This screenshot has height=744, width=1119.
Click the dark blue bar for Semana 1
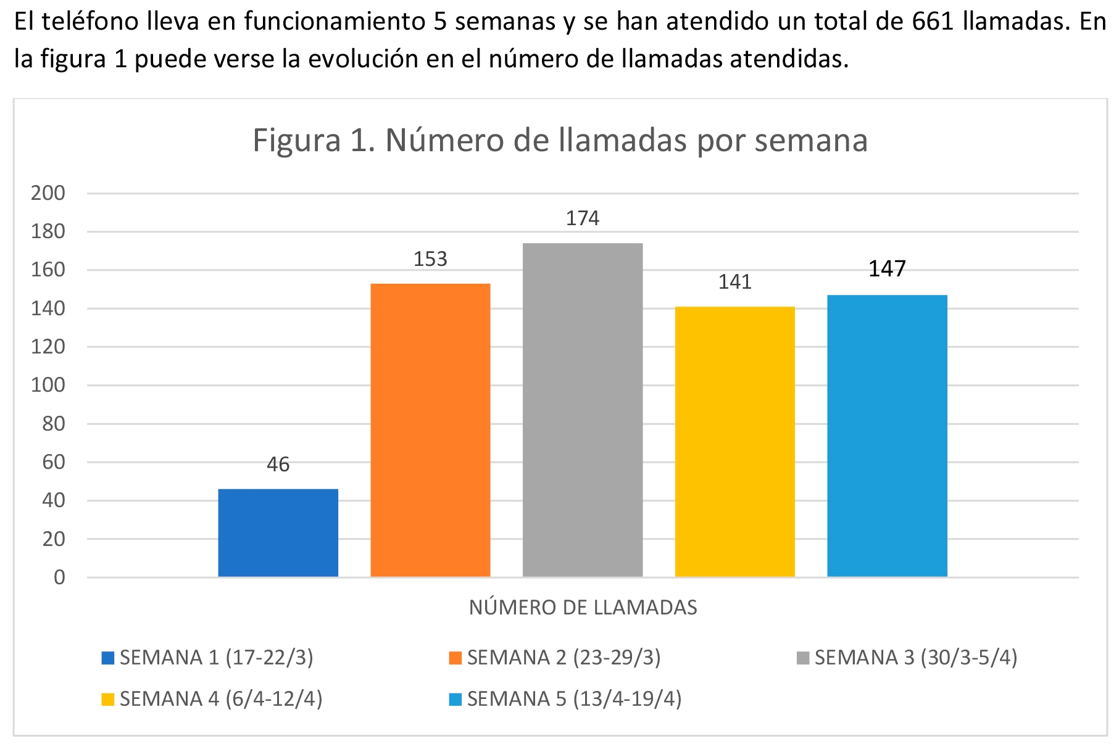click(x=278, y=532)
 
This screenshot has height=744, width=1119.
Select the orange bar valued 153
click(x=430, y=430)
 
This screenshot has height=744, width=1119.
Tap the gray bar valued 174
click(x=582, y=410)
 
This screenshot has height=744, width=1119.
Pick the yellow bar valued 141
click(x=734, y=441)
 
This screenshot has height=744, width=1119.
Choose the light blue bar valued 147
click(x=887, y=436)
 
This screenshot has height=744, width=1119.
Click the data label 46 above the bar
click(x=278, y=465)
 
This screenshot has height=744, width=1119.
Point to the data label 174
click(x=583, y=218)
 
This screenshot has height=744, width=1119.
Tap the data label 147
click(x=887, y=269)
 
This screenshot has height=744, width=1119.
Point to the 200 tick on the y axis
click(x=48, y=193)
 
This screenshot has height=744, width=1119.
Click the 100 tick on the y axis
click(x=48, y=385)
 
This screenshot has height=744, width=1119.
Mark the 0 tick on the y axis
click(x=59, y=577)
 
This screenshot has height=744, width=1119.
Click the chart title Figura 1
click(x=560, y=140)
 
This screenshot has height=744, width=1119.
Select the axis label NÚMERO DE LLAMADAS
click(x=583, y=608)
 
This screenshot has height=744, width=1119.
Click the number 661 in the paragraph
click(x=933, y=22)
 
